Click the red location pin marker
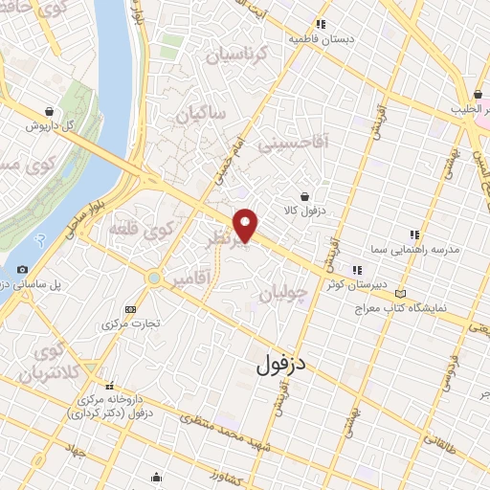coord(247,225)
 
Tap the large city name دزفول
coord(286,364)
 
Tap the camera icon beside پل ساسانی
coord(23,271)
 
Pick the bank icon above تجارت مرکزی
coord(130,308)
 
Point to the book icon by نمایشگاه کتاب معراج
coord(399,294)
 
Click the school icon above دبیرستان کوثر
coord(358,269)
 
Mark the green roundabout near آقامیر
coord(153,278)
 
